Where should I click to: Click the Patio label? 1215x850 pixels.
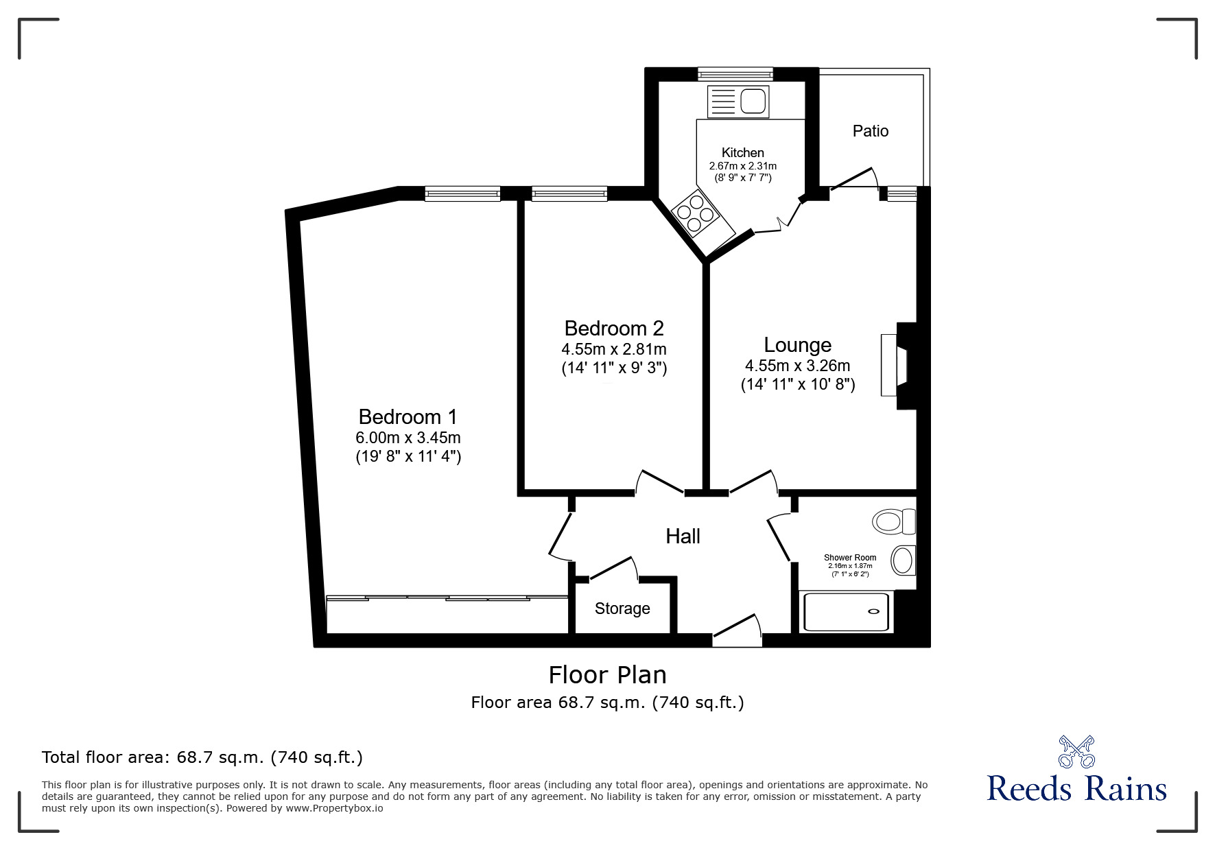[870, 131]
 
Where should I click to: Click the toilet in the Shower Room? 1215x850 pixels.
[893, 521]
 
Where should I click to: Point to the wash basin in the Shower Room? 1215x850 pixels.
[904, 560]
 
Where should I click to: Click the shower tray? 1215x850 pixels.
[846, 612]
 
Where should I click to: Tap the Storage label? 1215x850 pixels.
[622, 609]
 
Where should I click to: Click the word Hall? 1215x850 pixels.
[683, 536]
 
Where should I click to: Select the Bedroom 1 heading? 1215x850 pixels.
[408, 416]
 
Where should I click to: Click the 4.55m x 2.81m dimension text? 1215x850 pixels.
[614, 349]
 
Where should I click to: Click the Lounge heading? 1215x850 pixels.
[797, 345]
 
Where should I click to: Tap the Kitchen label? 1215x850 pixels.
[742, 153]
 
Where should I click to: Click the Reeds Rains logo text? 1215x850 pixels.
[1076, 789]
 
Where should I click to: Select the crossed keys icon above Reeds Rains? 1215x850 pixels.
[1076, 751]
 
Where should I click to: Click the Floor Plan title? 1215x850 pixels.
[607, 675]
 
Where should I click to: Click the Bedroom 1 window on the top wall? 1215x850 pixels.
[462, 194]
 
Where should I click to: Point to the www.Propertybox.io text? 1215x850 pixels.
[335, 808]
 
